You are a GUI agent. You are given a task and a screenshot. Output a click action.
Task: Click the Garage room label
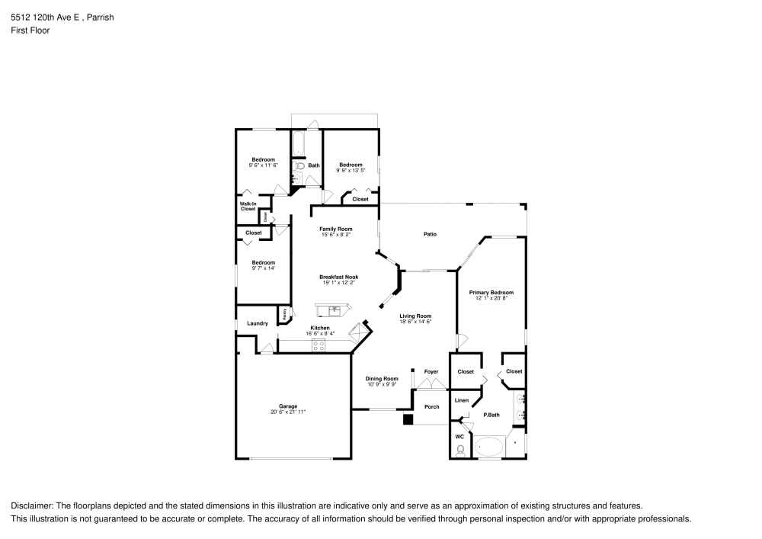click(x=287, y=406)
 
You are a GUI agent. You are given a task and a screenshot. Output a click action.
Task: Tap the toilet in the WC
click(x=459, y=450)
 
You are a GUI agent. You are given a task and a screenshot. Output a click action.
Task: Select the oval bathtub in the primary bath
click(x=488, y=447)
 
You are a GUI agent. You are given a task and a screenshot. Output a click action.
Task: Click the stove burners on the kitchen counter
click(x=319, y=345)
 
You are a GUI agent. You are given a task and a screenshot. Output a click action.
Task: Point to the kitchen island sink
click(x=334, y=309)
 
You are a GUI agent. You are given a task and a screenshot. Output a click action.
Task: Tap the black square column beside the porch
click(x=408, y=419)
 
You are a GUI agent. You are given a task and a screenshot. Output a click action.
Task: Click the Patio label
click(x=430, y=234)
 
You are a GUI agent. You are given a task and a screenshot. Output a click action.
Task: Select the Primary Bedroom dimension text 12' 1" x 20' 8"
click(x=491, y=298)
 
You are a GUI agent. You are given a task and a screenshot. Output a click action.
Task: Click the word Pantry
click(x=284, y=313)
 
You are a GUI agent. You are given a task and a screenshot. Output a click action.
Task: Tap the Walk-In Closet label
click(x=248, y=207)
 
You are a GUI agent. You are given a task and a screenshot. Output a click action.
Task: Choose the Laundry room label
click(x=258, y=323)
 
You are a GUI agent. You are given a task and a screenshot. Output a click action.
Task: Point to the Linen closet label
click(x=461, y=400)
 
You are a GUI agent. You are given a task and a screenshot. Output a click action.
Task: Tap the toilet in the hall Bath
click(x=299, y=165)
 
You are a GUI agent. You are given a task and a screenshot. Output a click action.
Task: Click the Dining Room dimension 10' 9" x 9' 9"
click(x=382, y=384)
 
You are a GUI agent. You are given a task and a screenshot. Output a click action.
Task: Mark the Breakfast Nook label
click(x=338, y=277)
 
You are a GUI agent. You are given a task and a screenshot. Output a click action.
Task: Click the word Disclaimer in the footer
click(x=31, y=506)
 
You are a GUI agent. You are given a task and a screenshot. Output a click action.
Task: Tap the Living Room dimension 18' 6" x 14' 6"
click(x=416, y=322)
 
